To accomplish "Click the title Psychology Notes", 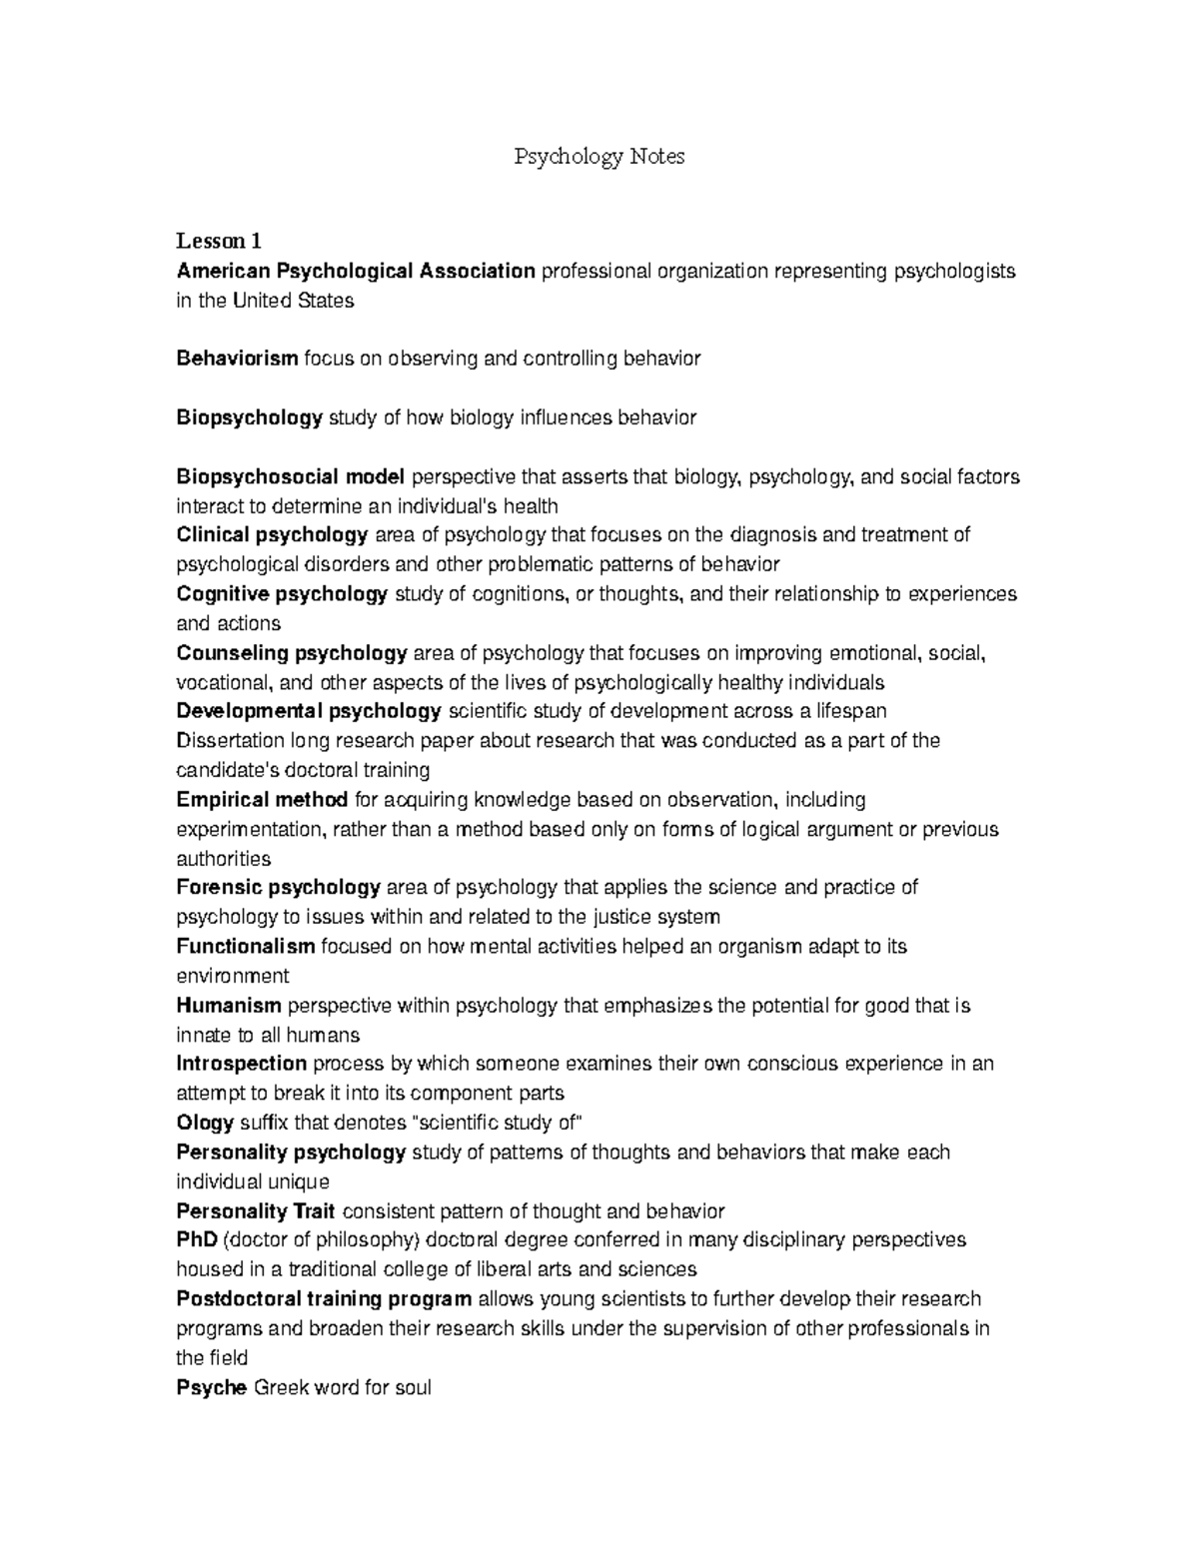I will (x=599, y=157).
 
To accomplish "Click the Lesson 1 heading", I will (x=219, y=241).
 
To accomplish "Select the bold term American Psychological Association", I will (x=356, y=271).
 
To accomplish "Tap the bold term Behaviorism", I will (x=237, y=358).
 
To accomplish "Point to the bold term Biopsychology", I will (x=249, y=417).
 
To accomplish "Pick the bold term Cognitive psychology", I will (x=282, y=594).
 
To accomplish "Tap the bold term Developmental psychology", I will (x=309, y=711).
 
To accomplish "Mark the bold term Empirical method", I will (x=262, y=799).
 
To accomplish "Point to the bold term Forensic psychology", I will (x=278, y=887).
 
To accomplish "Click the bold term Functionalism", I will (x=246, y=946).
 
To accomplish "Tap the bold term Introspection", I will (x=241, y=1063).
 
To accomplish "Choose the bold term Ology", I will (x=205, y=1123).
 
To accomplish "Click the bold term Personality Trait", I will (x=255, y=1211).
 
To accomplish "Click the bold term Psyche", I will (x=211, y=1387).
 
